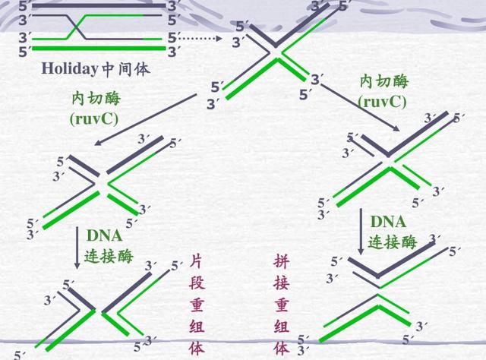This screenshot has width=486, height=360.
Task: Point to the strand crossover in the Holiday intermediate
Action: (x=76, y=28)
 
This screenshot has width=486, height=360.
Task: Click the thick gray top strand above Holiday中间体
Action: (x=95, y=5)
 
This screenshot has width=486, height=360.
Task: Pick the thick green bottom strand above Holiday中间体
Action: (x=95, y=51)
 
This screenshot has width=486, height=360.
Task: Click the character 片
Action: (x=197, y=264)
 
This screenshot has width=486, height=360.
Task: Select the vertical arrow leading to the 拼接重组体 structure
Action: (x=361, y=232)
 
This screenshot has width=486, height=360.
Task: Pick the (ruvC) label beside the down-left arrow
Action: (x=93, y=118)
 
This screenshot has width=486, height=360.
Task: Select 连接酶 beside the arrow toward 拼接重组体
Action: (x=393, y=242)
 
